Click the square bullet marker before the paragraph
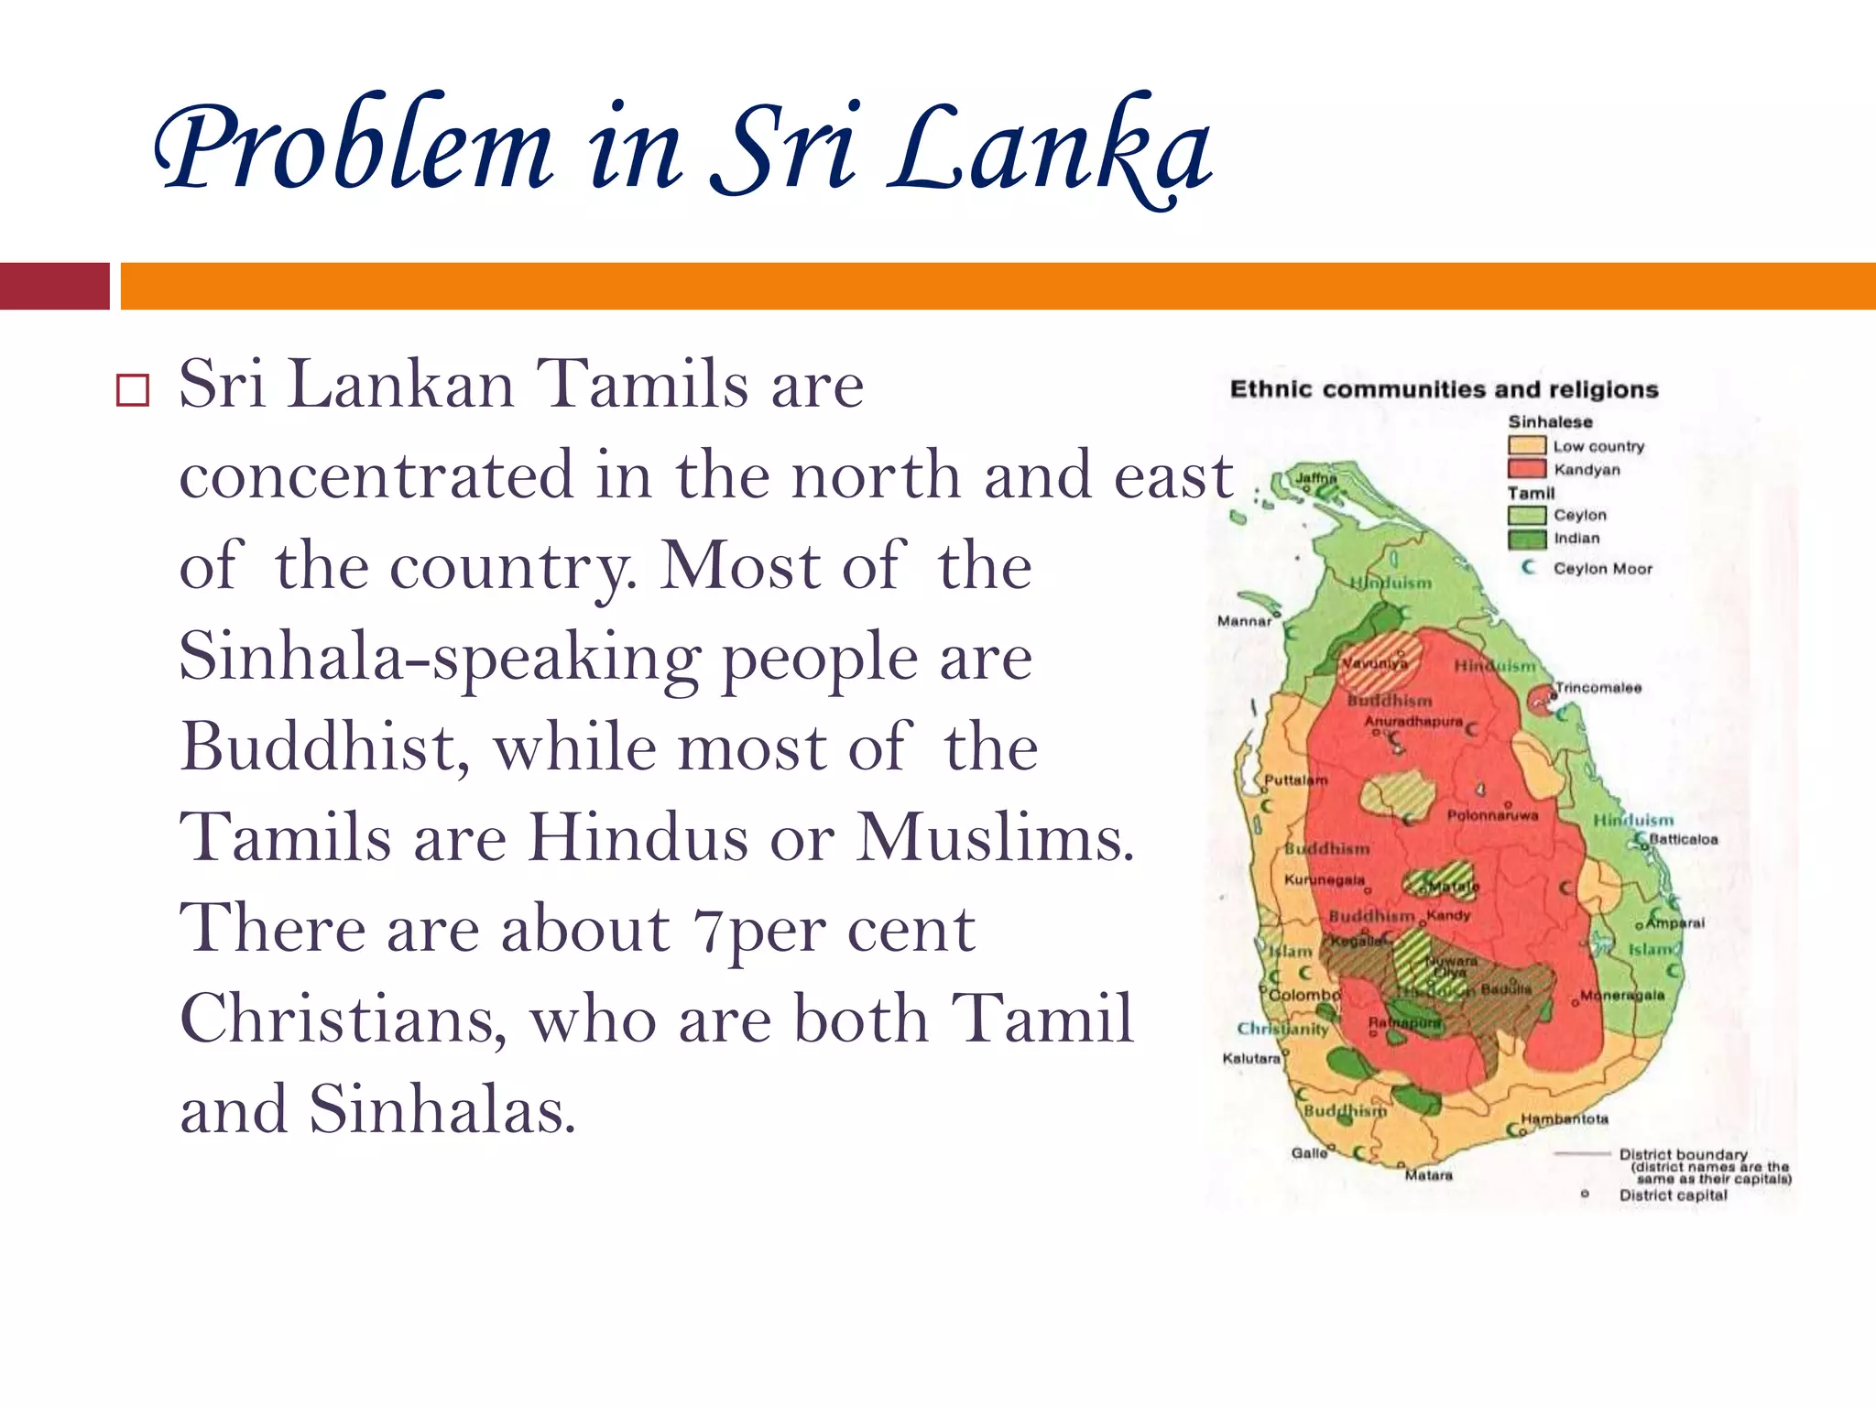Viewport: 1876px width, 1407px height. coord(133,390)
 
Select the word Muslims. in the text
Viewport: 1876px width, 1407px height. coord(995,837)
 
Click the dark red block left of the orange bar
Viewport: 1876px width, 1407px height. coord(54,286)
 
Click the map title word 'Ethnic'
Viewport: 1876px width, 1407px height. coord(1270,389)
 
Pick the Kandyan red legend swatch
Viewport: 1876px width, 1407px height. coord(1527,469)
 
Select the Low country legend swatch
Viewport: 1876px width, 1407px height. coord(1527,446)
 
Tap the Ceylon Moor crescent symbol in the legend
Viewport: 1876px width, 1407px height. coord(1528,568)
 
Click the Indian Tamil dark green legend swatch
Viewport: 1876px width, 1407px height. coord(1527,539)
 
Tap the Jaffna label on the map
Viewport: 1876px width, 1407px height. coord(1315,478)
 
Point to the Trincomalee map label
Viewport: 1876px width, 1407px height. coord(1598,687)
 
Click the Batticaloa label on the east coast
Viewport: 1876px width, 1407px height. coord(1684,839)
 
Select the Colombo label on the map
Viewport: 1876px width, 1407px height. coord(1304,995)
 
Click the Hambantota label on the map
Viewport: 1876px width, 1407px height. coord(1565,1118)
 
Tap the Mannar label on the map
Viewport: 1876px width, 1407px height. coord(1244,621)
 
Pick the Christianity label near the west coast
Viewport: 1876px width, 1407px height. coord(1282,1029)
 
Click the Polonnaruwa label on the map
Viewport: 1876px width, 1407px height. coord(1492,815)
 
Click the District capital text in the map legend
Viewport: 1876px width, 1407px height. coord(1673,1195)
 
